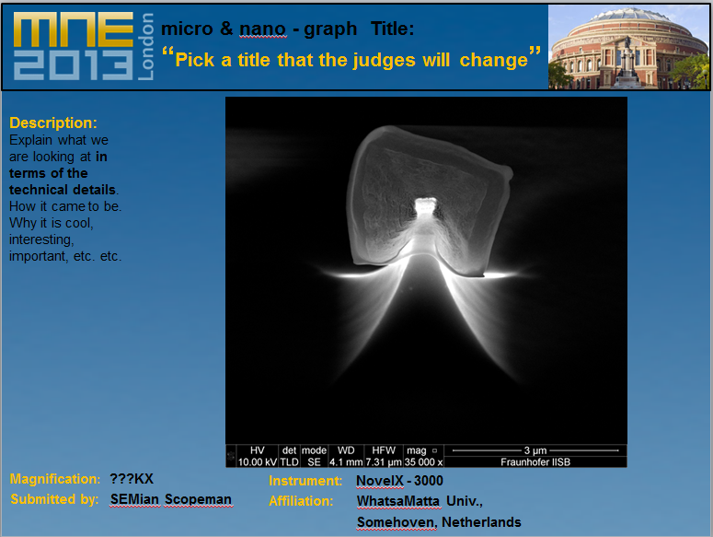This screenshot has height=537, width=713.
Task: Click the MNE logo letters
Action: pyautogui.click(x=74, y=29)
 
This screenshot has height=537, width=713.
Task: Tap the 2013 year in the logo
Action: pyautogui.click(x=74, y=64)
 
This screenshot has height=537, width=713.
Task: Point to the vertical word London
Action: pyautogui.click(x=145, y=46)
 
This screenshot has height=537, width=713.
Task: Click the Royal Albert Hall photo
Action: pyautogui.click(x=628, y=47)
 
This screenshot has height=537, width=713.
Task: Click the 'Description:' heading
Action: pyautogui.click(x=53, y=123)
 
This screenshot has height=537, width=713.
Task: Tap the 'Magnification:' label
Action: pyautogui.click(x=55, y=479)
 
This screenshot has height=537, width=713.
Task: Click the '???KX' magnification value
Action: pyautogui.click(x=132, y=479)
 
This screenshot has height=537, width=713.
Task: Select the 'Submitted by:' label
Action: pyautogui.click(x=54, y=499)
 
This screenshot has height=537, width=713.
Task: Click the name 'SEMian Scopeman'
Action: pyautogui.click(x=171, y=499)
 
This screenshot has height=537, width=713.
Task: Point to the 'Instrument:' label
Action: pyautogui.click(x=305, y=481)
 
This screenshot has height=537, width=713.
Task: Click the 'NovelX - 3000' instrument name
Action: pyautogui.click(x=399, y=481)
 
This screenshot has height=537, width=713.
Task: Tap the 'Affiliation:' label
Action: pyautogui.click(x=301, y=501)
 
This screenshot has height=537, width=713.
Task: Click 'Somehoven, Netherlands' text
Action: pyautogui.click(x=439, y=522)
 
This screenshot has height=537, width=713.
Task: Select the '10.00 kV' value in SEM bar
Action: pyautogui.click(x=258, y=461)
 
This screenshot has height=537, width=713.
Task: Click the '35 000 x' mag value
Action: pyautogui.click(x=423, y=461)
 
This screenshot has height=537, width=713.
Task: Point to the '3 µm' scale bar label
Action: pyautogui.click(x=535, y=450)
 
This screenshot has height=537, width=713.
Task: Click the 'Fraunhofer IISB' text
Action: pyautogui.click(x=535, y=461)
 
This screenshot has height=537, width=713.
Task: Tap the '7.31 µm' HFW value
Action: pyautogui.click(x=384, y=461)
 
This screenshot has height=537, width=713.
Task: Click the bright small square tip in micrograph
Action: pyautogui.click(x=426, y=205)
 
